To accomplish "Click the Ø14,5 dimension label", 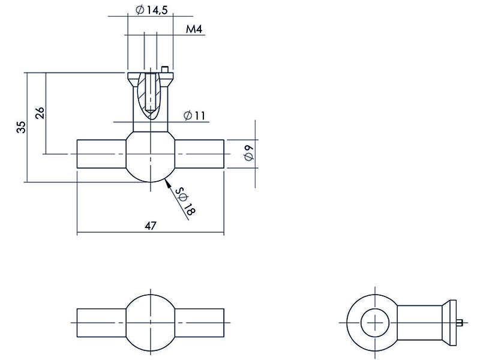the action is point(152,10).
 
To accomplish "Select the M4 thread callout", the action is point(194,29).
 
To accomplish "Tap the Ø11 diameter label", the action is point(194,115).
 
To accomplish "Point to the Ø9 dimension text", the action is point(249,153).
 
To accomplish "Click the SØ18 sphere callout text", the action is point(185,202).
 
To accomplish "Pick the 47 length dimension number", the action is point(151,226).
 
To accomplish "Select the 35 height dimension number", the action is point(21,127).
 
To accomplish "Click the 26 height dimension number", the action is point(40,113).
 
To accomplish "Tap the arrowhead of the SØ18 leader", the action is point(167,183).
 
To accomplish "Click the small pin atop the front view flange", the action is point(165,70).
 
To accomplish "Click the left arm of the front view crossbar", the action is point(101,154).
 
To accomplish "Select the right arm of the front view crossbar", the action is point(199,154).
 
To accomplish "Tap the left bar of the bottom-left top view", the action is point(101,323).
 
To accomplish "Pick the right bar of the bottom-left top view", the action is point(199,323).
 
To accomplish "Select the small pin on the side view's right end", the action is point(460,322).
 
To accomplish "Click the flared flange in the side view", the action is point(449,323).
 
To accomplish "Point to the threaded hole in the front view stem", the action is point(151,92).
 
